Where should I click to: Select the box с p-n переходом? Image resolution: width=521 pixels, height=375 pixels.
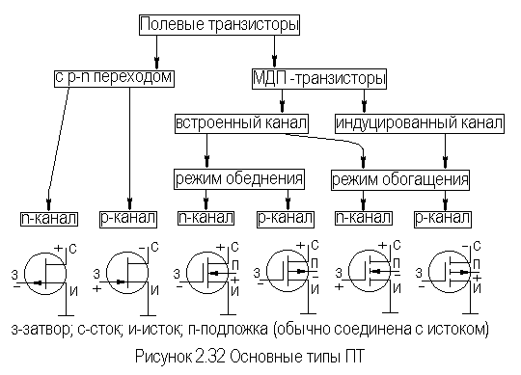[113, 75]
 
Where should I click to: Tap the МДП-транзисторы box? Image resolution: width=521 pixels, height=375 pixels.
[317, 76]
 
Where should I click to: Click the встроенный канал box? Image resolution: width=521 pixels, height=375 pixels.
[241, 124]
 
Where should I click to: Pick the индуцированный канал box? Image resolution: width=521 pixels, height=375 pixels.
[418, 124]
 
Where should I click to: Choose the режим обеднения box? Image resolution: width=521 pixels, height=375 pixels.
[239, 178]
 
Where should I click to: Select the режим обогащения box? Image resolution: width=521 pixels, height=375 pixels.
[399, 179]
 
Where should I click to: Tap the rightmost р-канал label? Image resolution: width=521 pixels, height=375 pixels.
[444, 218]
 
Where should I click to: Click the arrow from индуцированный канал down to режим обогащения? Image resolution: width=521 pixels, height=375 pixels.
[445, 151]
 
